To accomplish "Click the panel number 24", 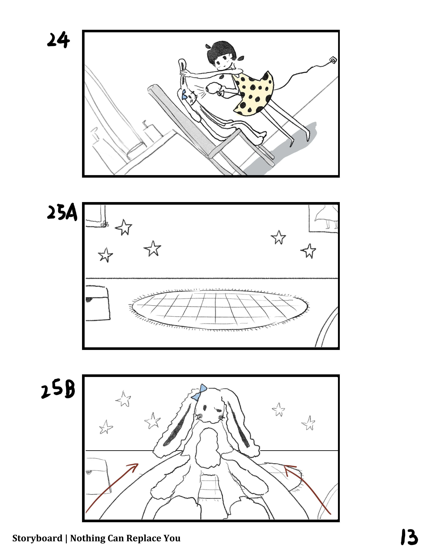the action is point(58,41).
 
